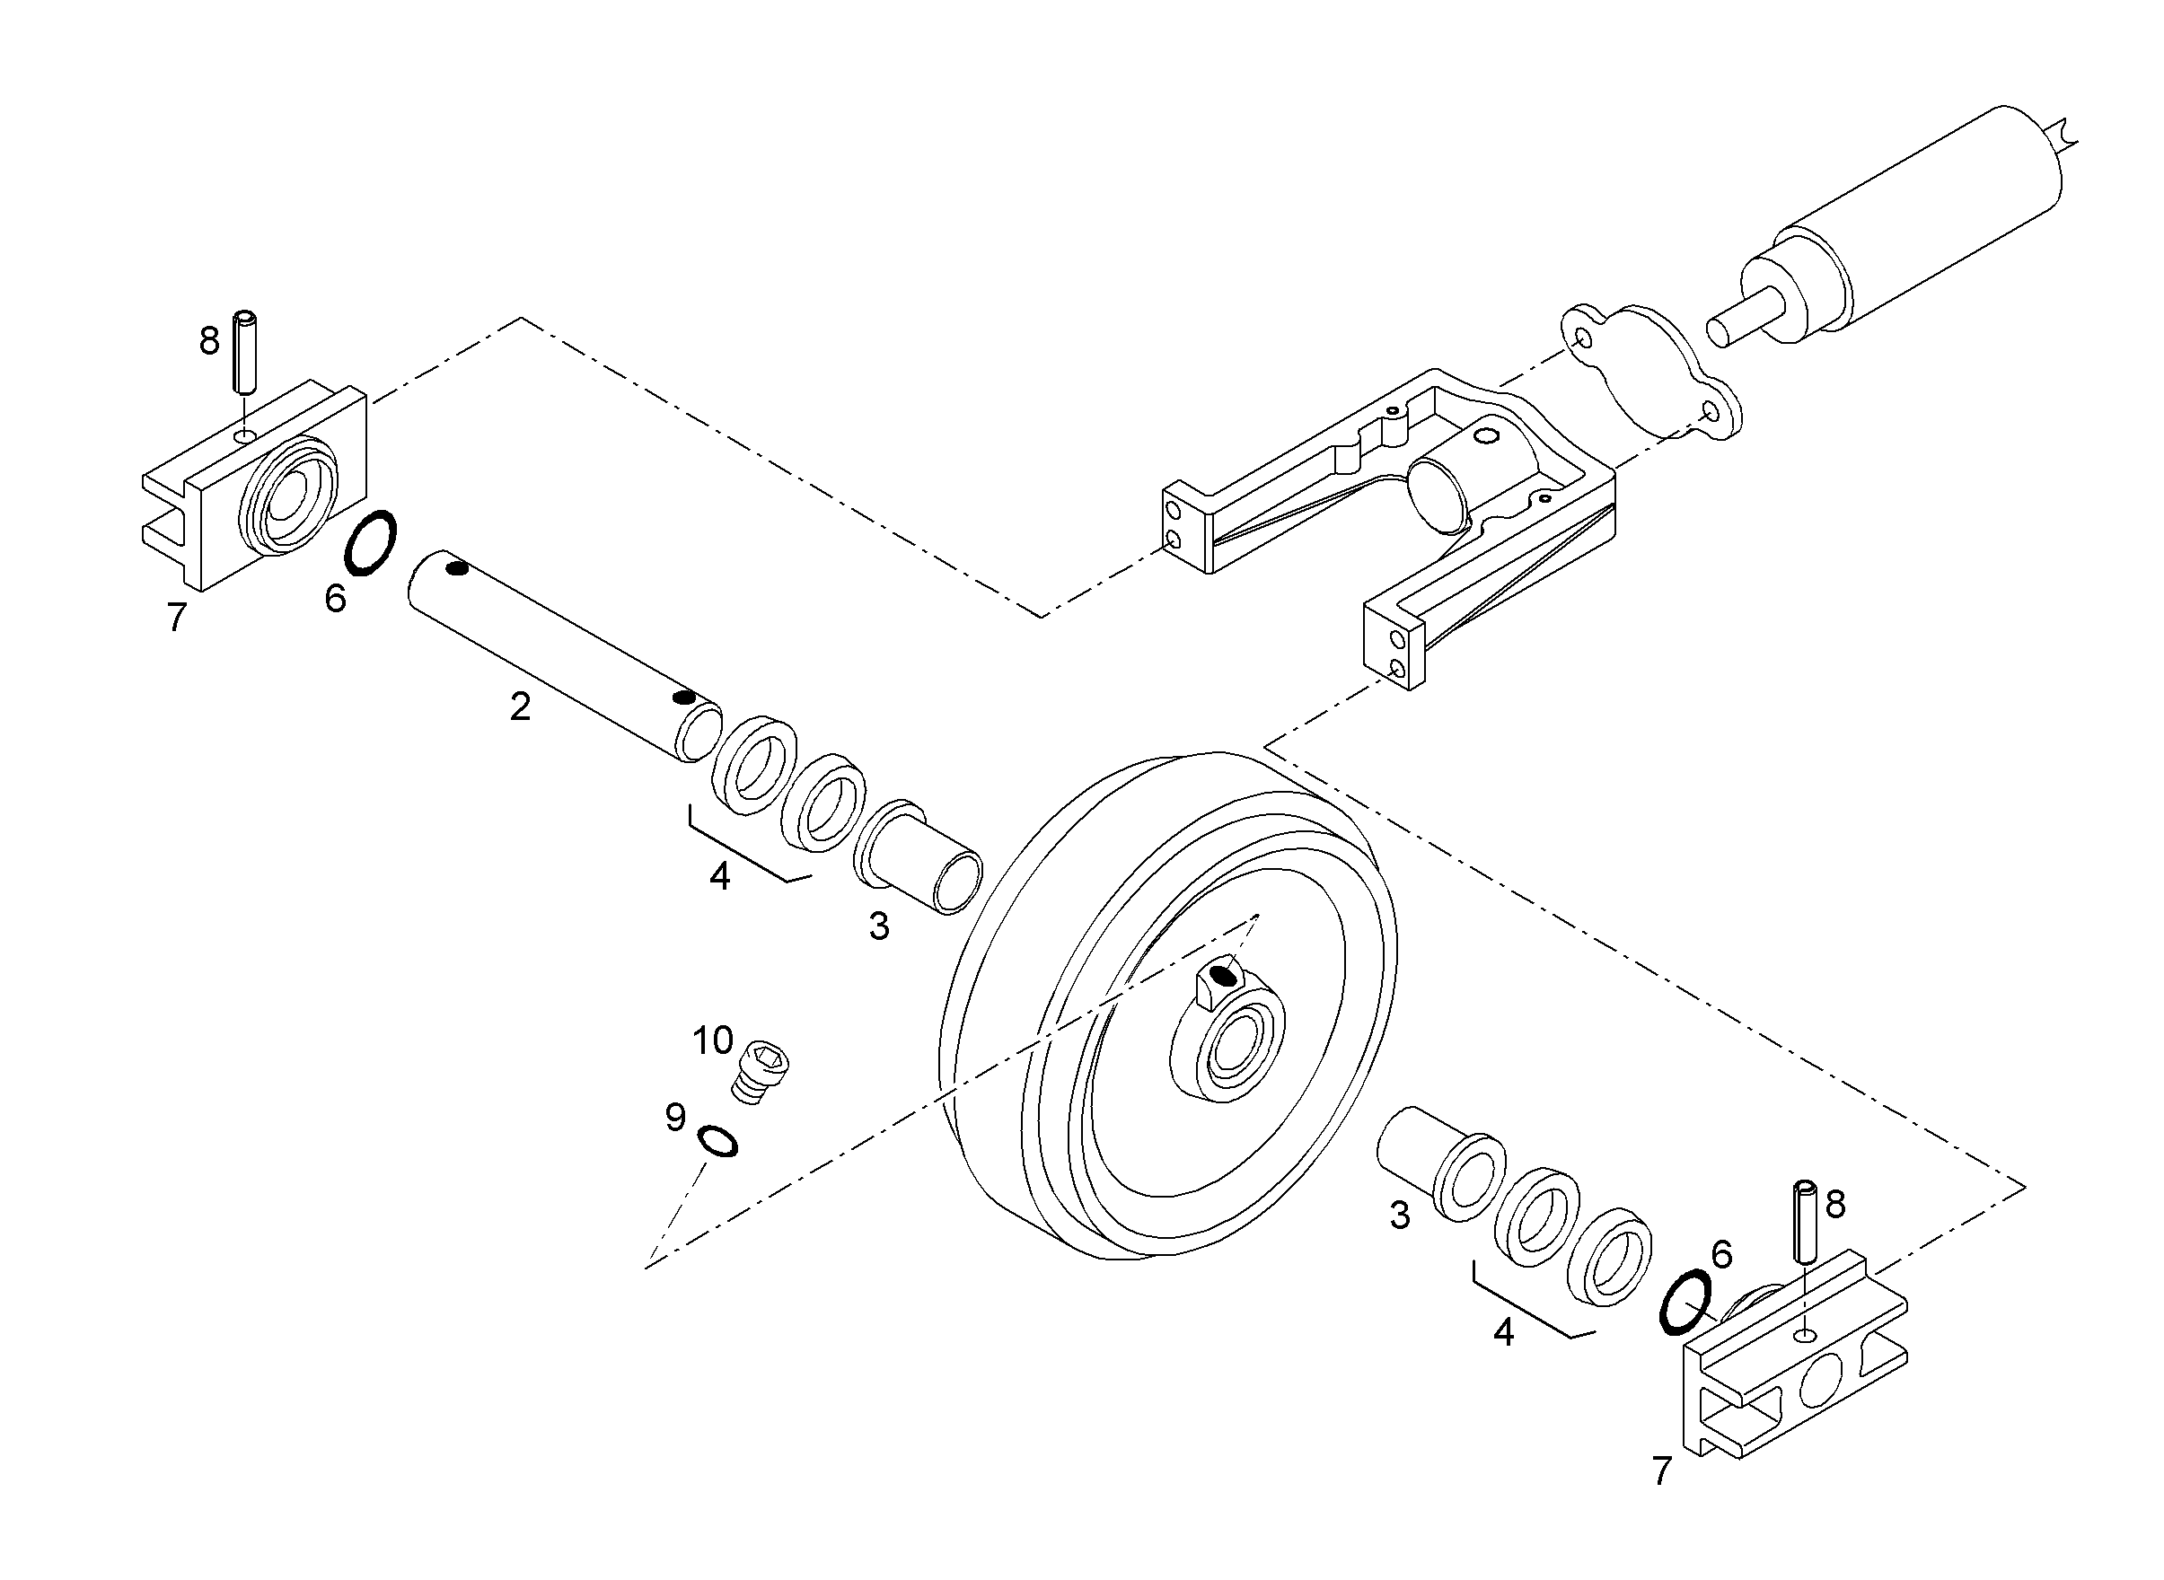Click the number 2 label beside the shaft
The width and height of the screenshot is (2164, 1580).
coord(520,707)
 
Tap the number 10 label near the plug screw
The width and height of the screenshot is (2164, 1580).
coord(713,1040)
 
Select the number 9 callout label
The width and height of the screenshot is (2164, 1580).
coord(675,1117)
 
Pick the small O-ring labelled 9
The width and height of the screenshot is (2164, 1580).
coord(717,1140)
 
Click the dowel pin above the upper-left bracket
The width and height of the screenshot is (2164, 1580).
coord(247,350)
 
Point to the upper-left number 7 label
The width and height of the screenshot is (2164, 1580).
coord(176,618)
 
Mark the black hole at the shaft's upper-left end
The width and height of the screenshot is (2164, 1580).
coord(457,570)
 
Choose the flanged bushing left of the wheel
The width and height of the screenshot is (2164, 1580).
coord(918,856)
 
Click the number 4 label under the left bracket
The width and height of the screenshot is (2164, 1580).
coord(719,876)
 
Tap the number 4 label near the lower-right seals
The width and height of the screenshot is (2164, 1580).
coord(1504,1332)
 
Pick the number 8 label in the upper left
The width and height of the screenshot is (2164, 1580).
coord(209,340)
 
